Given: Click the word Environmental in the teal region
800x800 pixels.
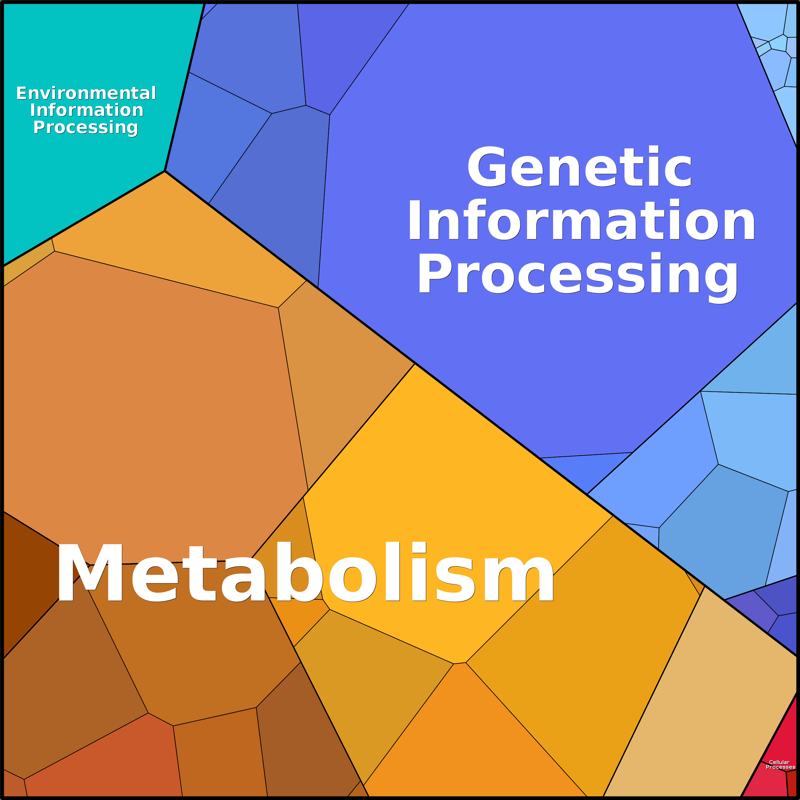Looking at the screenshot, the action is click(86, 93).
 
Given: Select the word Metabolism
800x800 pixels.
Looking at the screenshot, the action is click(305, 573).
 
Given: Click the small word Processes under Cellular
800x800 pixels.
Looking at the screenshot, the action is click(781, 767).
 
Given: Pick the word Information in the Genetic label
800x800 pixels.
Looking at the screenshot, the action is click(581, 219).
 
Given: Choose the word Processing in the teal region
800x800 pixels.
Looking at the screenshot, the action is click(86, 127).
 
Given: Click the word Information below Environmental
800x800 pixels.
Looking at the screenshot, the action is click(87, 110).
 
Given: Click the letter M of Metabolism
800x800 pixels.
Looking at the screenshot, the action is click(90, 573).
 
